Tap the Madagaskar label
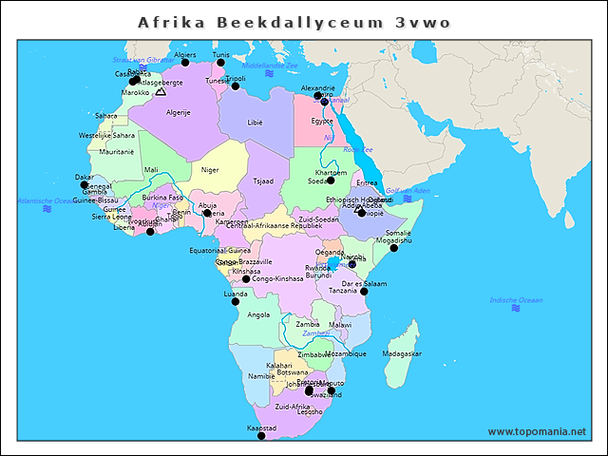(401, 353)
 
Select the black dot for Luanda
(236, 302)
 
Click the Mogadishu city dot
(394, 248)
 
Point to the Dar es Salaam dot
(364, 291)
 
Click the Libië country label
(255, 123)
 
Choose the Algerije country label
(179, 112)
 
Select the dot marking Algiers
(186, 63)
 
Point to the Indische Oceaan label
(516, 300)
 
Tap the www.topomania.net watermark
(537, 431)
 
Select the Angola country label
(258, 314)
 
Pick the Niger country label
(210, 170)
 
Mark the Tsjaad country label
(263, 180)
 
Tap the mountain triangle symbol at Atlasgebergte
(161, 92)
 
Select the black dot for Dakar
(84, 185)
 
